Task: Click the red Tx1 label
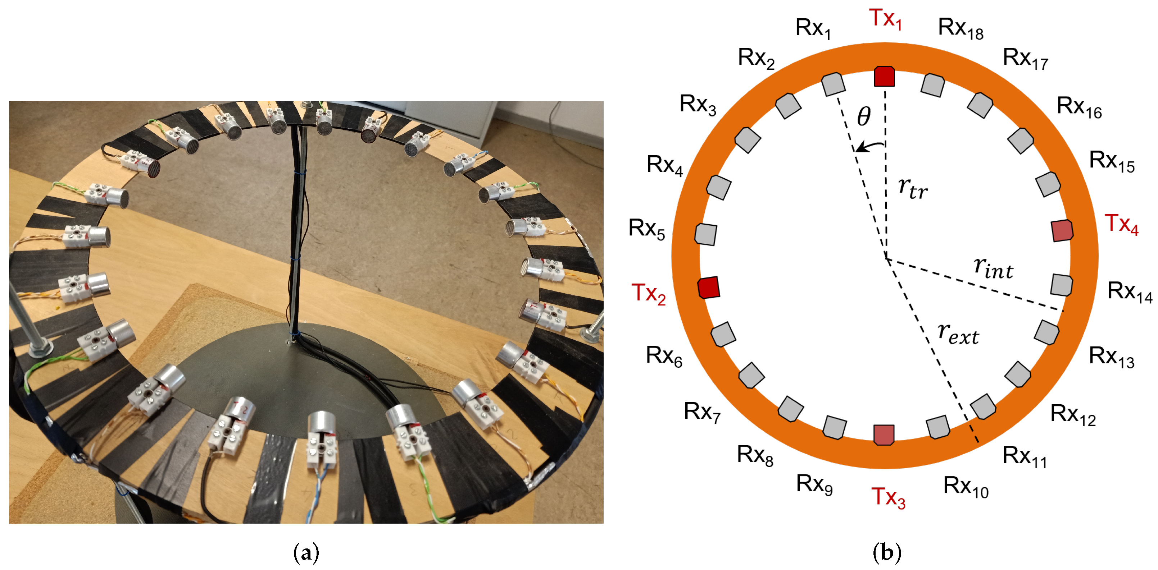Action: click(x=885, y=19)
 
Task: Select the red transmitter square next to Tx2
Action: click(x=709, y=287)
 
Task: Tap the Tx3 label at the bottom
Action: click(x=888, y=497)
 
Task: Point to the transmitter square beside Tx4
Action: click(x=1062, y=230)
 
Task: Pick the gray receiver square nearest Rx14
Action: click(x=1062, y=285)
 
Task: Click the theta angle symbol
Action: click(x=864, y=117)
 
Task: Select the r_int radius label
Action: click(x=994, y=268)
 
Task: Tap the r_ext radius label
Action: click(x=958, y=334)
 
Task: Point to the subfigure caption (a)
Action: click(x=306, y=552)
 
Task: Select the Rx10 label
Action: click(x=966, y=487)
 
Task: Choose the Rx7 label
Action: click(x=702, y=412)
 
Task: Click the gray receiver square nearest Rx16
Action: click(x=1021, y=141)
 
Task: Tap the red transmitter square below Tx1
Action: click(x=884, y=76)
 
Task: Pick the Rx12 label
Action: click(x=1073, y=415)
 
